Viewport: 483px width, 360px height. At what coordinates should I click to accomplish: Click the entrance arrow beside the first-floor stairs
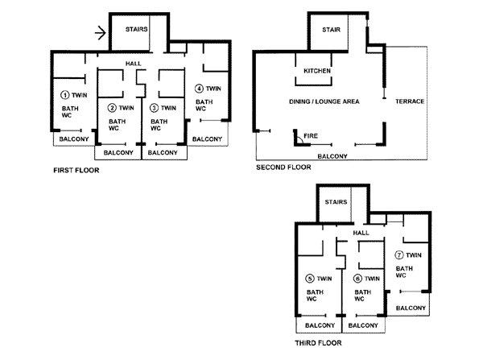pyautogui.click(x=100, y=33)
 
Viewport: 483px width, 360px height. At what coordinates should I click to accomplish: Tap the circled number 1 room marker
pyautogui.click(x=64, y=95)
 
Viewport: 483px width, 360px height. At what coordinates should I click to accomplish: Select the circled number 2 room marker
pyautogui.click(x=112, y=108)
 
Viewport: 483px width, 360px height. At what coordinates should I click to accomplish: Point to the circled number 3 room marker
pyautogui.click(x=154, y=108)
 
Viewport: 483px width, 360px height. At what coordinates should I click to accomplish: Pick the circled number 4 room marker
pyautogui.click(x=199, y=89)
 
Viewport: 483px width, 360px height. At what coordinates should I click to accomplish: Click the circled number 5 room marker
pyautogui.click(x=310, y=279)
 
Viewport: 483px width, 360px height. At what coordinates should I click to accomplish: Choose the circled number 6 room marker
pyautogui.click(x=357, y=279)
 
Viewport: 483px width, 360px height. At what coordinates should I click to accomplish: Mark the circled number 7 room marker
pyautogui.click(x=399, y=255)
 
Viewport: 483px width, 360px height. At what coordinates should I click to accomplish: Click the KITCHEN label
pyautogui.click(x=317, y=71)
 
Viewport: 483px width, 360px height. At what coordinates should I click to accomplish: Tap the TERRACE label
pyautogui.click(x=410, y=101)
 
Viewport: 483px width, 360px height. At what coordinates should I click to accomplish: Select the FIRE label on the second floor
pyautogui.click(x=311, y=136)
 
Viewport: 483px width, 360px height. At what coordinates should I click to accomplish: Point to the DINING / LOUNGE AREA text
pyautogui.click(x=324, y=101)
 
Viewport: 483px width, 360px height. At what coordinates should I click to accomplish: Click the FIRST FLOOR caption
pyautogui.click(x=76, y=171)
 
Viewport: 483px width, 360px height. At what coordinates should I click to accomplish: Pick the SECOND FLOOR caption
pyautogui.click(x=283, y=168)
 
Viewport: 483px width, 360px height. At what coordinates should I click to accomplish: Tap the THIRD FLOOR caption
pyautogui.click(x=318, y=343)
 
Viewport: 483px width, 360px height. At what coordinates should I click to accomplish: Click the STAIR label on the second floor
pyautogui.click(x=331, y=30)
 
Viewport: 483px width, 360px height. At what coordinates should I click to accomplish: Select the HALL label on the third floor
pyautogui.click(x=361, y=233)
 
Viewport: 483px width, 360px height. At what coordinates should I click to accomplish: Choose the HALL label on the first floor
pyautogui.click(x=133, y=64)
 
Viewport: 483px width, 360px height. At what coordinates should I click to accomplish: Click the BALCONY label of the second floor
pyautogui.click(x=332, y=156)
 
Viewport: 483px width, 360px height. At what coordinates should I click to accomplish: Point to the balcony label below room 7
pyautogui.click(x=411, y=308)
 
